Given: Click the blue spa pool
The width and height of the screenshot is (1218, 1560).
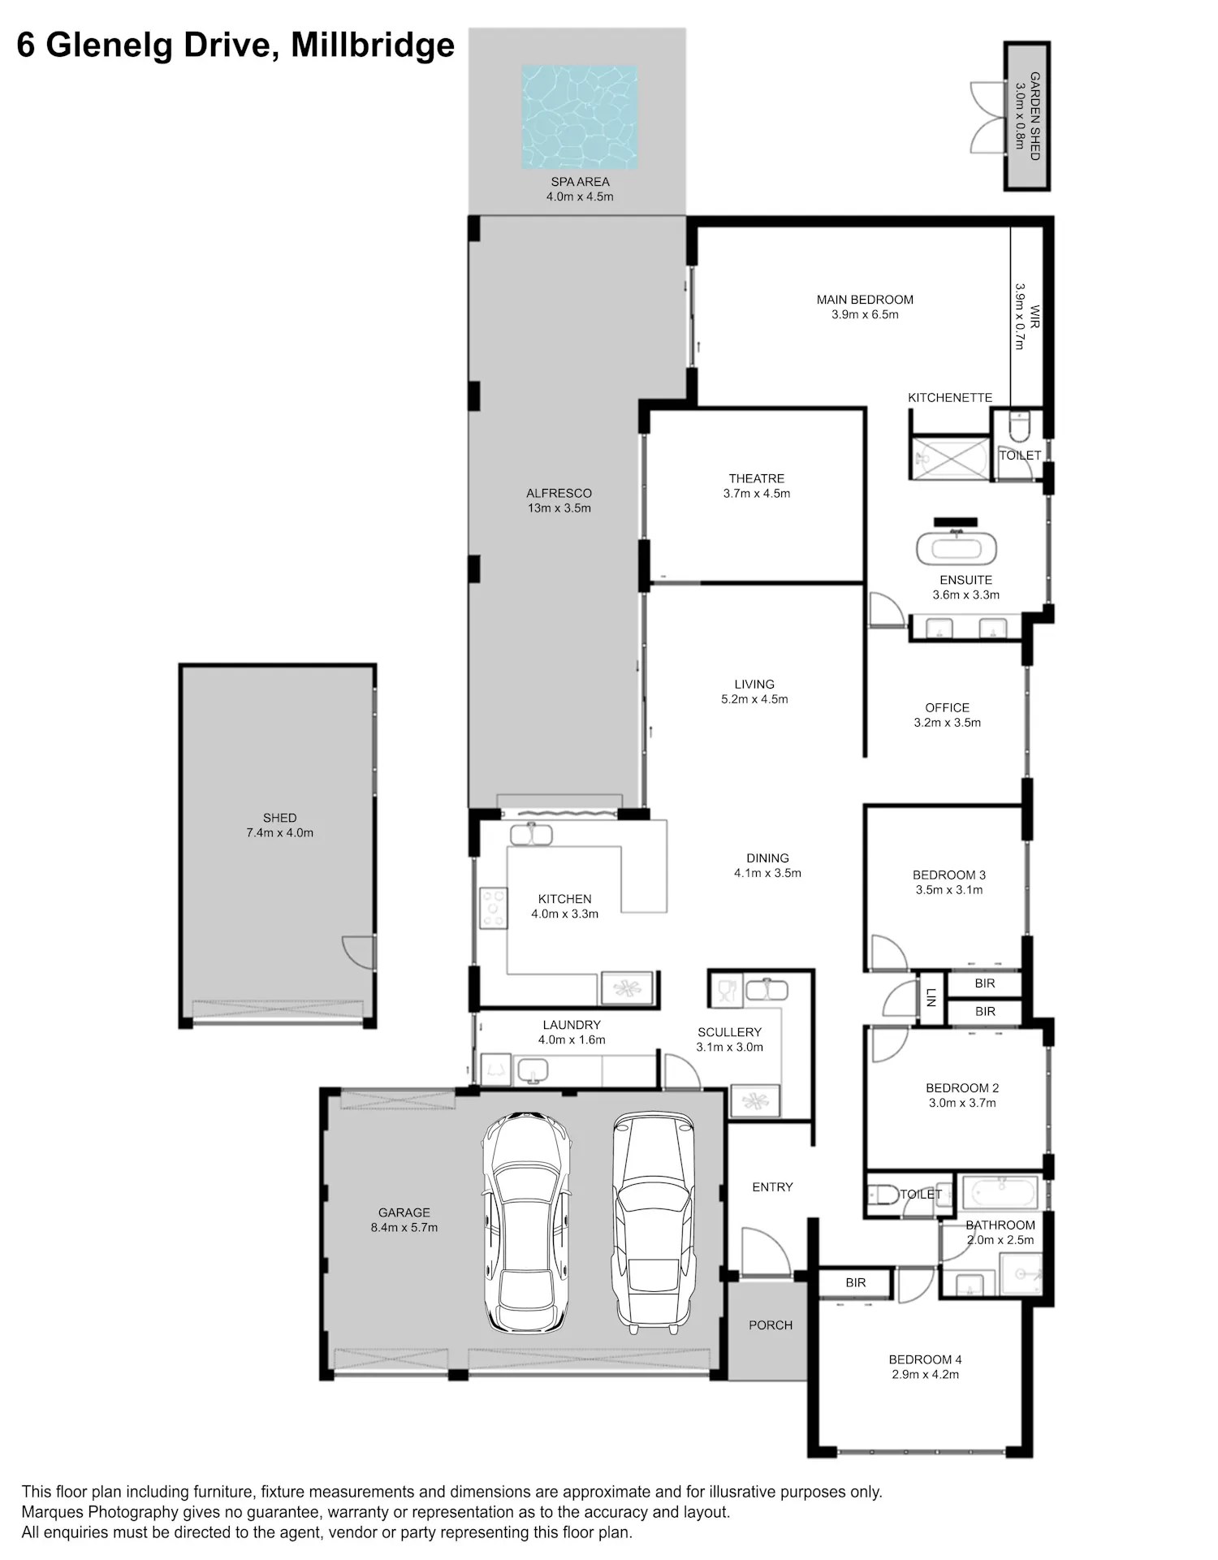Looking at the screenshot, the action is point(579,117).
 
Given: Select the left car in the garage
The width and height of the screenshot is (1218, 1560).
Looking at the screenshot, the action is point(526,1222).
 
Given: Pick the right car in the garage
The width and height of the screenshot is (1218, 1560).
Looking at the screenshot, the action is point(654,1222).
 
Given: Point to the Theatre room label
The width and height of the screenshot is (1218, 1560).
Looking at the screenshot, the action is point(757,478).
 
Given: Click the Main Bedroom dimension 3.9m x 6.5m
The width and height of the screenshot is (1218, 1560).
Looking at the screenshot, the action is point(865,315).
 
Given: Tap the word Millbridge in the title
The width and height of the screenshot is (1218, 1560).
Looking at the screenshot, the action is point(373,45).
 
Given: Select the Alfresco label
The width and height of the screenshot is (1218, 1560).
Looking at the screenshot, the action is point(559,493).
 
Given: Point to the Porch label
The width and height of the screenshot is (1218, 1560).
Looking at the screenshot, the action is point(771,1325).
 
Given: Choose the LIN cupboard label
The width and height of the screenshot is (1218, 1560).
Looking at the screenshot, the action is point(931,997).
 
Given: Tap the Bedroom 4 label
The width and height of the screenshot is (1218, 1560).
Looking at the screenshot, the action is point(925,1359).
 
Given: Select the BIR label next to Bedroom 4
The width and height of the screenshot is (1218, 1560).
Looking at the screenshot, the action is point(856,1282).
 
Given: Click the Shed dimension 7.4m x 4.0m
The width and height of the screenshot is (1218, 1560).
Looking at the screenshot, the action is point(280,833).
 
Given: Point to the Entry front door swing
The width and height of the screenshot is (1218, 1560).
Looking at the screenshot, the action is point(767,1251).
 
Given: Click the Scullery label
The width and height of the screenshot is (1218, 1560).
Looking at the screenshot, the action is point(729,1032).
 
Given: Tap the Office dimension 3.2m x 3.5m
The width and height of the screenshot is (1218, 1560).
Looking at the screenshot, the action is point(948,723).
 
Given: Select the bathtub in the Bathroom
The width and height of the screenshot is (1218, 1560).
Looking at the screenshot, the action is point(1000,1192).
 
